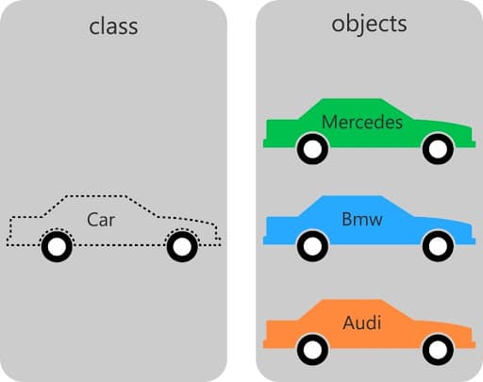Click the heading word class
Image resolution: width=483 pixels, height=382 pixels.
point(112,25)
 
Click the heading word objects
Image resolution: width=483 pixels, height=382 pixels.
point(369,24)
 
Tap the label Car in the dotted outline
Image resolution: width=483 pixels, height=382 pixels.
point(101,220)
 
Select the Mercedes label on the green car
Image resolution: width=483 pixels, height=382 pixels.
point(362,123)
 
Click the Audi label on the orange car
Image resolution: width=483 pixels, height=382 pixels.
point(361,324)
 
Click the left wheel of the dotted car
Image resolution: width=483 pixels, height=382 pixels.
point(57,247)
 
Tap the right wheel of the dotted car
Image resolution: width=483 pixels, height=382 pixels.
point(181,247)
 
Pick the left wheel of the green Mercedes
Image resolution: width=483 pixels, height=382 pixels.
point(312,148)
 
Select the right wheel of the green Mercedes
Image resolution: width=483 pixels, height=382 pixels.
point(438,148)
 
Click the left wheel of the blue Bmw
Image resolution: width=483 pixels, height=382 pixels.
point(312,247)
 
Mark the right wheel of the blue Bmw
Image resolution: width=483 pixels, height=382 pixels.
point(438,247)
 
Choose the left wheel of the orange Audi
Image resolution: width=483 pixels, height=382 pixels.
point(312,351)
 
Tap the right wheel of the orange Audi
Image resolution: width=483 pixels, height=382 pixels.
point(438,351)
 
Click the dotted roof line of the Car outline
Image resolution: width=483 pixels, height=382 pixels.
point(94,197)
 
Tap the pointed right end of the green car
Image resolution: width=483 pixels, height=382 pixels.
point(472,136)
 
